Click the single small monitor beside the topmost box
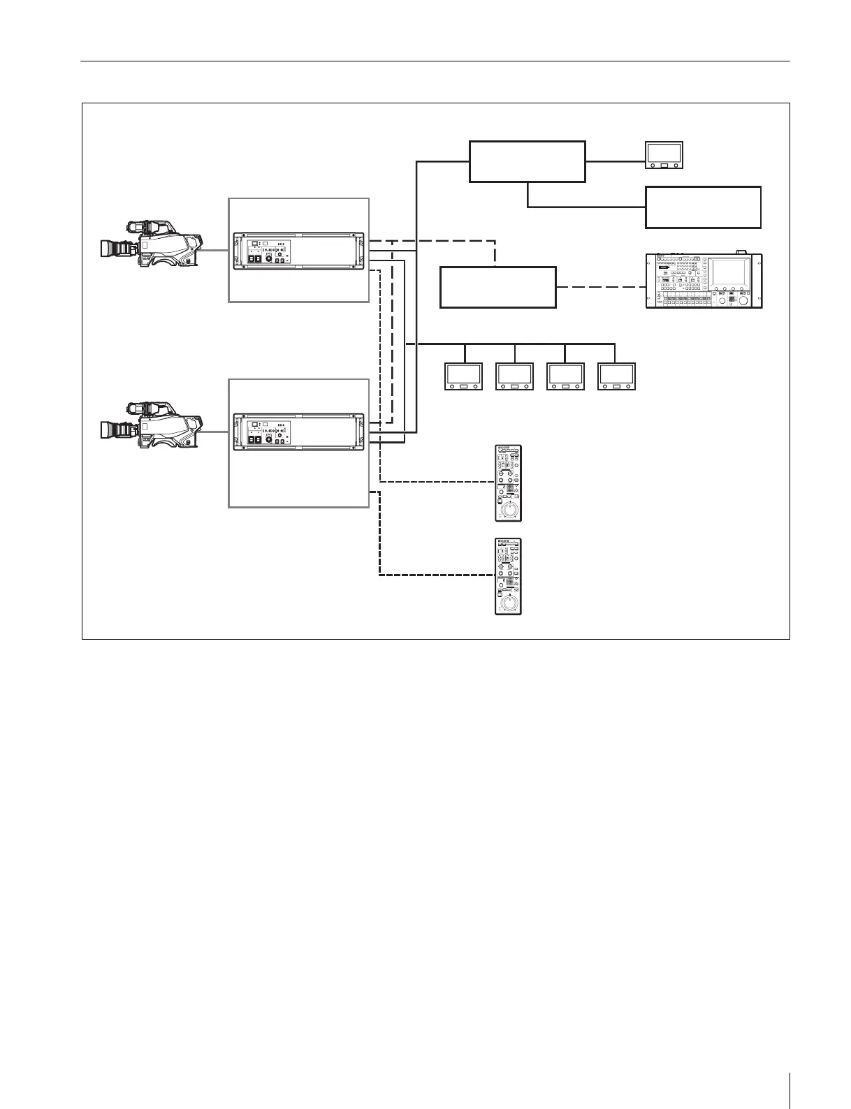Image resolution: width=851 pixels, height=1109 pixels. coord(664,155)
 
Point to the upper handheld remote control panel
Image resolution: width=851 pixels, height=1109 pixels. coord(509,483)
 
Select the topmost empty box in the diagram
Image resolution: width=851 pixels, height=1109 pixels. coord(527,161)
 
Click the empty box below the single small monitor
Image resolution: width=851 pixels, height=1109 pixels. coord(703,207)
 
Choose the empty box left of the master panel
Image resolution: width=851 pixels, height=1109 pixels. coord(497,287)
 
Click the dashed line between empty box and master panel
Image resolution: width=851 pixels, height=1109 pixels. coord(601,287)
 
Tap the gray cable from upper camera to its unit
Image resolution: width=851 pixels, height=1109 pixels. coord(216,250)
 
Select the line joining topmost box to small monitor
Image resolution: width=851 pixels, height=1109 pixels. coord(615,161)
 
